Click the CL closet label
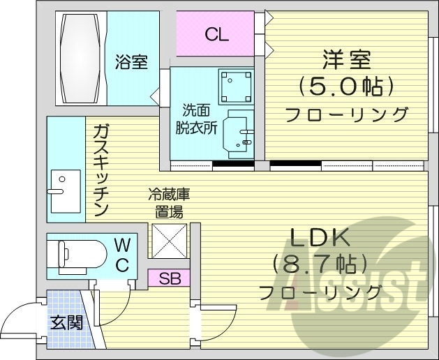point(216,34)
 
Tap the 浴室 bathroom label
point(131,62)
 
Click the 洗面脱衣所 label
point(195,119)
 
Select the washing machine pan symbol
point(235,86)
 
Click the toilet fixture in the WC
point(74,252)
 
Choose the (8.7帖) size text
point(318,264)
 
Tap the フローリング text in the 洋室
point(347,114)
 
